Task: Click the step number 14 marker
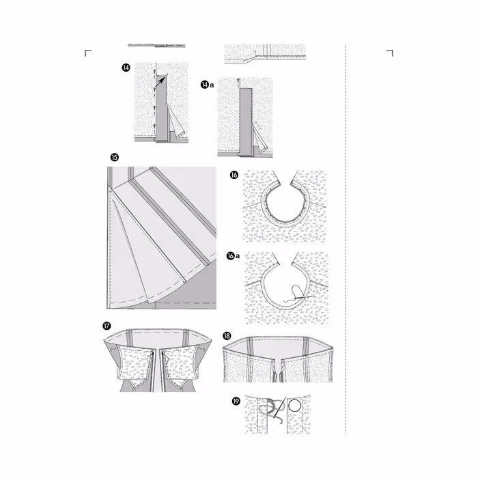[x=126, y=68]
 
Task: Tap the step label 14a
[x=208, y=85]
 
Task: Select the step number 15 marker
[x=115, y=157]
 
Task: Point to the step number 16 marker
[x=234, y=175]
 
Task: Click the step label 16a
[x=234, y=256]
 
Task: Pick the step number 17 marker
[x=107, y=326]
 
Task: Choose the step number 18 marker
[x=227, y=336]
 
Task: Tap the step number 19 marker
[x=236, y=402]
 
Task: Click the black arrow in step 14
[x=160, y=81]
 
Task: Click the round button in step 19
[x=295, y=406]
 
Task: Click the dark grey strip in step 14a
[x=246, y=122]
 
